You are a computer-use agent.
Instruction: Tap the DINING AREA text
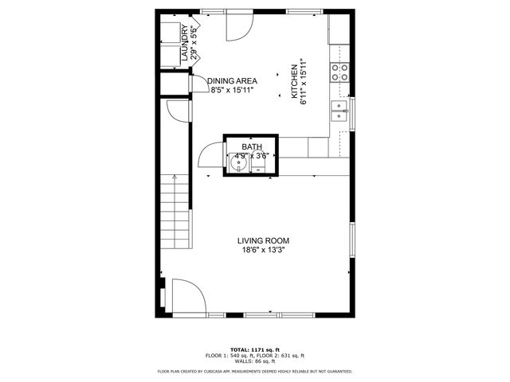[x=233, y=81]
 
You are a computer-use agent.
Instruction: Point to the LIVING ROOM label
[x=263, y=240]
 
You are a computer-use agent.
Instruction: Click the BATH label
[x=252, y=146]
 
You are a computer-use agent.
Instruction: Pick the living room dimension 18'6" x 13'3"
[x=263, y=250]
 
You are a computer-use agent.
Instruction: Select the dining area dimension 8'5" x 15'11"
[x=233, y=91]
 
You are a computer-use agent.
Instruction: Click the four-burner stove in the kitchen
[x=339, y=72]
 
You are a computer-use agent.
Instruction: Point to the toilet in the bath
[x=259, y=165]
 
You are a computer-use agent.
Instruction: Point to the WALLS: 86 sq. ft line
[x=255, y=361]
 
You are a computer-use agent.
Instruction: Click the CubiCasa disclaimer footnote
[x=255, y=371]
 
